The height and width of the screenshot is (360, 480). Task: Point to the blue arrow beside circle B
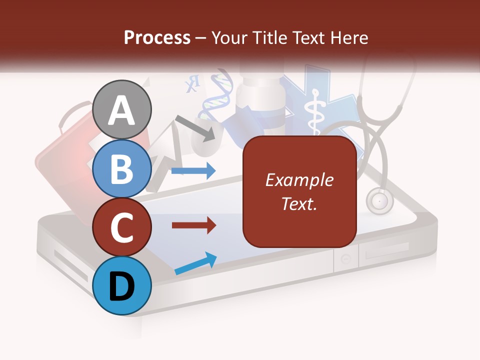(193, 171)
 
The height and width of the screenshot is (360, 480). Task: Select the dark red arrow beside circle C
(194, 225)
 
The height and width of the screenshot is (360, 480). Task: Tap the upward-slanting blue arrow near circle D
(195, 263)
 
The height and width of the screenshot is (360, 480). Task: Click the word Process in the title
(157, 37)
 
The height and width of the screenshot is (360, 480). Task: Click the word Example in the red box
(299, 180)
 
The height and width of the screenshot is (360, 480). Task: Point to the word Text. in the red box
(299, 203)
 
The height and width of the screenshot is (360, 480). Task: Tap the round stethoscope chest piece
(379, 201)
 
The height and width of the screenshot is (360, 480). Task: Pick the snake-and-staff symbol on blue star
(315, 112)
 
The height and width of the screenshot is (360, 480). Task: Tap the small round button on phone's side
(345, 259)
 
